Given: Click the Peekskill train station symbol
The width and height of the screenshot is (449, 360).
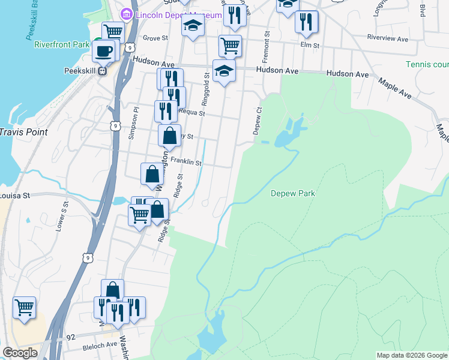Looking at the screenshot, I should coord(103,70).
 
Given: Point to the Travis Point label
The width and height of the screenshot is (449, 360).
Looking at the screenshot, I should coord(23,131).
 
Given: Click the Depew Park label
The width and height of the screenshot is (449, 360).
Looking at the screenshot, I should coord(293,193).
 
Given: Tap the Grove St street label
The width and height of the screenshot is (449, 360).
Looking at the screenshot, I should coord(154,37).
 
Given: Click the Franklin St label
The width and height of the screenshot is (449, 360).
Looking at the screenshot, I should coord(185,161).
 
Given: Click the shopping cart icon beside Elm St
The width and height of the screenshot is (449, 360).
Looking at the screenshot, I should coord(230,45).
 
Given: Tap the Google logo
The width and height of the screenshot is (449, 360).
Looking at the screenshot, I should coord(20,352).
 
